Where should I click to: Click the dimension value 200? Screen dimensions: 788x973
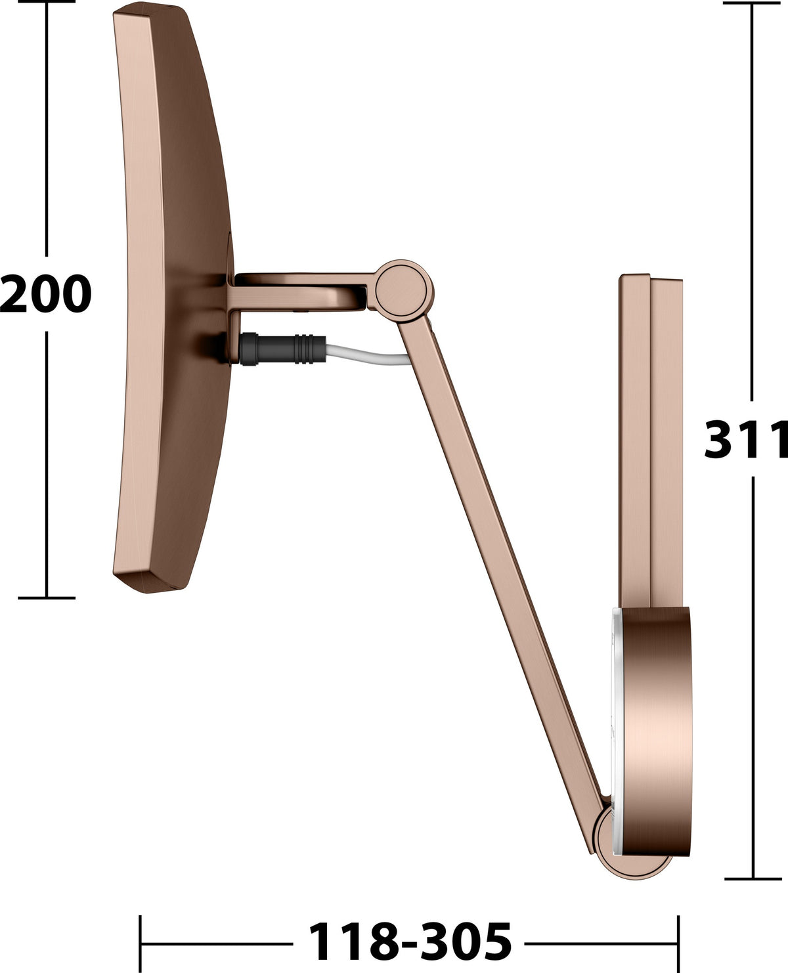(46, 293)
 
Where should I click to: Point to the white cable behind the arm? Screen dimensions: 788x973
(368, 355)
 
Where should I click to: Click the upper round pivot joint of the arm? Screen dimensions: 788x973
(401, 291)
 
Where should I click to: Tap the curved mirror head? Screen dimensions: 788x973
(173, 297)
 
